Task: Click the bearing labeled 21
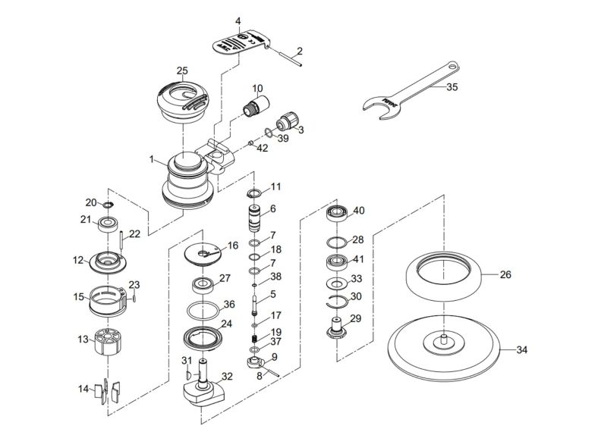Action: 107,224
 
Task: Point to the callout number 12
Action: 78,260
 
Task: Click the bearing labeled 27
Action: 203,285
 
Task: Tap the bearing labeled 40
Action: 337,213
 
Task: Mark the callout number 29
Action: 356,319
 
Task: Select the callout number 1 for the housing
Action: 153,160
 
